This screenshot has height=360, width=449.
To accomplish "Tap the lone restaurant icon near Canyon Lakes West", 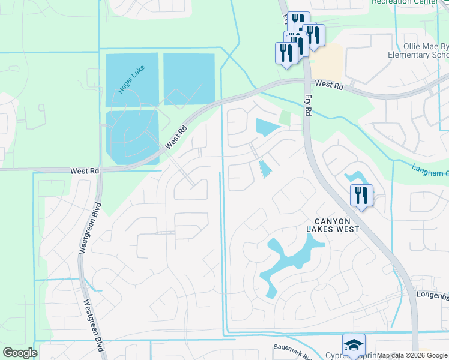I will coord(361,196).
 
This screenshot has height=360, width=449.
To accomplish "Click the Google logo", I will coord(20,353).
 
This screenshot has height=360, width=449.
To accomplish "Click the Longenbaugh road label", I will coord(432,295).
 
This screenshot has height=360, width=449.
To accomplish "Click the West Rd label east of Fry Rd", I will coord(328,85).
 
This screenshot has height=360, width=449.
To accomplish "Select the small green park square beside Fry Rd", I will coord(285,118).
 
